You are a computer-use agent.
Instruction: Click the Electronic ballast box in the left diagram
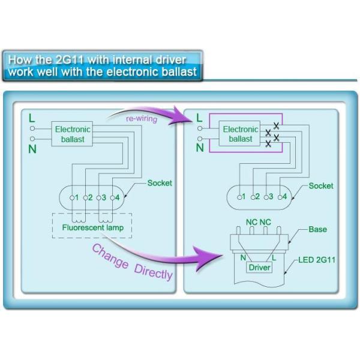tap(73, 134)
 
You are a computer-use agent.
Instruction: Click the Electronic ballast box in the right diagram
tap(240, 134)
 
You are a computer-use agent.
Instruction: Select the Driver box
tap(259, 268)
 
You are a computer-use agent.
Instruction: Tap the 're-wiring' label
tap(142, 118)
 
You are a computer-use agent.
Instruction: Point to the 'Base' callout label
tap(317, 230)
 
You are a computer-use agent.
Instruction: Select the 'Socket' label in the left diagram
tap(160, 182)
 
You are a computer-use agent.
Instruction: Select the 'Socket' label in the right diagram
tap(321, 185)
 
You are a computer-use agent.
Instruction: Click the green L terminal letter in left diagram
tap(32, 118)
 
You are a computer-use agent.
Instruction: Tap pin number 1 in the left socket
tap(76, 197)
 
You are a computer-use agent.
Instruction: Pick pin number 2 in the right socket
tap(257, 197)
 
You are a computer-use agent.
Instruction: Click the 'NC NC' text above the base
tap(259, 222)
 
